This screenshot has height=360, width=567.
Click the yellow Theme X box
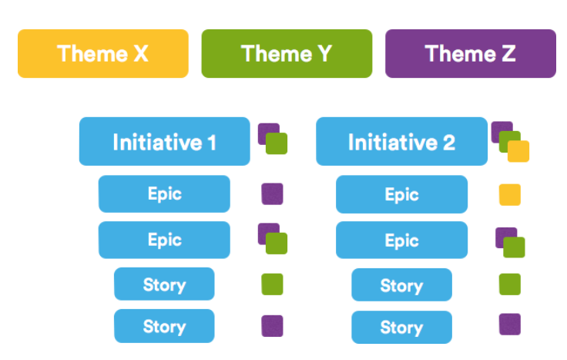103,53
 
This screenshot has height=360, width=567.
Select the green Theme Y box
287,53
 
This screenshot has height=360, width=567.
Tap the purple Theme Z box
471,53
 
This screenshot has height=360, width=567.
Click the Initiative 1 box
165,142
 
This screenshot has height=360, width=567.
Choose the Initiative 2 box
401,142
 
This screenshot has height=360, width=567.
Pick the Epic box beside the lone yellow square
401,194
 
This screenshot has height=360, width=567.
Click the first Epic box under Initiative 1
165,194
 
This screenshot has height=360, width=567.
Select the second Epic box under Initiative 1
165,240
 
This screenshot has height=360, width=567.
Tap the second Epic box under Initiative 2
401,241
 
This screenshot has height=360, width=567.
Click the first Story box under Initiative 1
165,284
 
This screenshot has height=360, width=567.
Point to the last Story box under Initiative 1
165,326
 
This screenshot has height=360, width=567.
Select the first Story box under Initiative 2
401,284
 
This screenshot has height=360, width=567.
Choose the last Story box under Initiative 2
401,327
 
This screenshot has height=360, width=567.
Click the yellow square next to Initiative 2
518,151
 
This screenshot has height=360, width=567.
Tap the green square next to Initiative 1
277,143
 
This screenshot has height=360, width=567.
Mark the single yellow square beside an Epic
510,195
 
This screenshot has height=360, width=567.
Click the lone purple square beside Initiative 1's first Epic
272,194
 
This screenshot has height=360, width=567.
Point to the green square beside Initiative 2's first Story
510,284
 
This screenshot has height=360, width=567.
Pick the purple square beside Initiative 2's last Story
510,325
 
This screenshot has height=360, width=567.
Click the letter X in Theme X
141,53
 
